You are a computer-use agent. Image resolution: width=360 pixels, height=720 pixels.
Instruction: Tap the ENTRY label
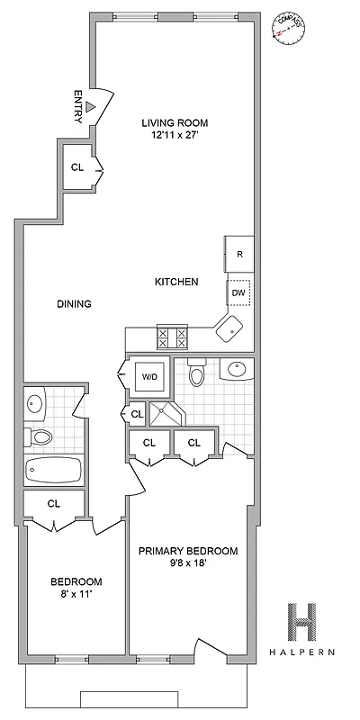78,105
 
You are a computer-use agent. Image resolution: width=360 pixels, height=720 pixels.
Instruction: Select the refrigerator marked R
239,254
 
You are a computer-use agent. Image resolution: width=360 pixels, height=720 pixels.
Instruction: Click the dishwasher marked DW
239,292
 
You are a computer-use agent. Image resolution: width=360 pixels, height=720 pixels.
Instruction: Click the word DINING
74,304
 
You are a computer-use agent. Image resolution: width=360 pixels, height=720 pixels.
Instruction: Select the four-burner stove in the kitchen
172,337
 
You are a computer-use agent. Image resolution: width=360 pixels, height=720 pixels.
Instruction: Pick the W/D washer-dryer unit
148,377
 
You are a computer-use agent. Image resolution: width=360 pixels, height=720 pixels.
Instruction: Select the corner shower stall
165,414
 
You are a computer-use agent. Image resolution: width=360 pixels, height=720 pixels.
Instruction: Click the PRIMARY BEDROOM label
187,551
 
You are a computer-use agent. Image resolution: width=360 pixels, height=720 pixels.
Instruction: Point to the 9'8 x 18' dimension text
187,565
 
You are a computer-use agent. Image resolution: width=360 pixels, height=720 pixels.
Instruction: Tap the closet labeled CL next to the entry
78,167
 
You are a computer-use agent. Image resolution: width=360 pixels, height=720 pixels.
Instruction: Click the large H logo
304,621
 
